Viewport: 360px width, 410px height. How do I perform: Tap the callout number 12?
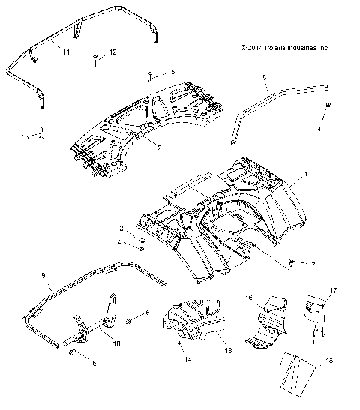(112, 52)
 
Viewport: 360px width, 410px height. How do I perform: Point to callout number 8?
(265, 76)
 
